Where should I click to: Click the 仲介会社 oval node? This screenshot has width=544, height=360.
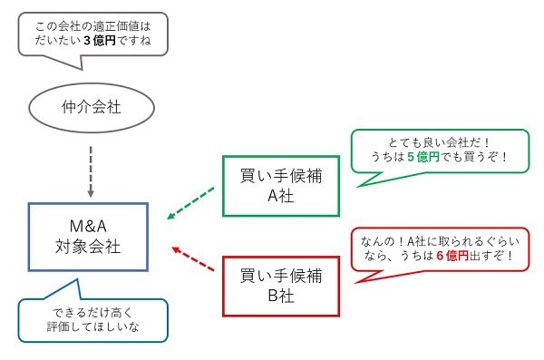pyautogui.click(x=90, y=107)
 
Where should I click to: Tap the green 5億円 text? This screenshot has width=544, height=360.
pyautogui.click(x=427, y=156)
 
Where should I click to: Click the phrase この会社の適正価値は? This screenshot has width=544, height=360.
pyautogui.click(x=89, y=24)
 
